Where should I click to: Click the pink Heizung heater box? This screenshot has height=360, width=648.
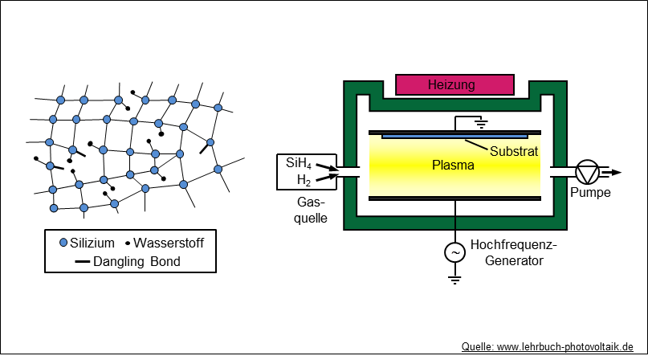[454, 84]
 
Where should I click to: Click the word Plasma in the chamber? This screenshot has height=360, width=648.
[454, 166]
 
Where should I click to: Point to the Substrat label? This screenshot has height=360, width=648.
[513, 150]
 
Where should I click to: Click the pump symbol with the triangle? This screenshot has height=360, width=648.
[588, 171]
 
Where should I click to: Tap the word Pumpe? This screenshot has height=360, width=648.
[590, 193]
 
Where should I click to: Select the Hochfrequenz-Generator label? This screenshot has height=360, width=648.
[513, 252]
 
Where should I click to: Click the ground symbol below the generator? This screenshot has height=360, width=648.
[455, 280]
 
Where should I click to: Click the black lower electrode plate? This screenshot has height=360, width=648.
[455, 198]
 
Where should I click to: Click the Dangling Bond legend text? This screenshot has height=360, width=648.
[137, 261]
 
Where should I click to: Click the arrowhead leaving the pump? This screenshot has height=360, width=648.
[616, 171]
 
